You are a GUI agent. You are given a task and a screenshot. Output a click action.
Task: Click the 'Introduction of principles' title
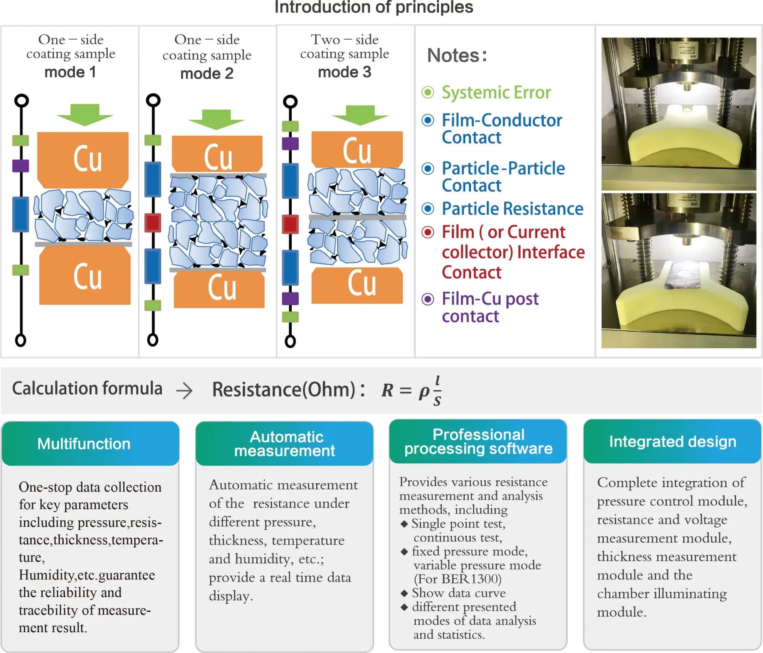pos(374,7)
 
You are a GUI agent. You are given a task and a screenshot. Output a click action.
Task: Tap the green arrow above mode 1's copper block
pos(85,114)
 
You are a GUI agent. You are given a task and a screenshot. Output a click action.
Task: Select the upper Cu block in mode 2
pos(217,154)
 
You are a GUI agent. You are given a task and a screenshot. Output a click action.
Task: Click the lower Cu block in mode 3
pos(357,285)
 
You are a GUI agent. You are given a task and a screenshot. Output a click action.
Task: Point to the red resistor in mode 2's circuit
pos(153,223)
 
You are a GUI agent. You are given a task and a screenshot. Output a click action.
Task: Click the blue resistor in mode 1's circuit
pos(21,214)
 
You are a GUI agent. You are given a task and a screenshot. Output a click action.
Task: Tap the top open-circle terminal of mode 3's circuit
pos(290,101)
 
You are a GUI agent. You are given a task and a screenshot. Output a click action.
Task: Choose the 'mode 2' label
pos(207,74)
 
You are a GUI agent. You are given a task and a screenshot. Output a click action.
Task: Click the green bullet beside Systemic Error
pos(428,92)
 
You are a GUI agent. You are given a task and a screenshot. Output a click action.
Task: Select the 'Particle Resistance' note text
pos(512,209)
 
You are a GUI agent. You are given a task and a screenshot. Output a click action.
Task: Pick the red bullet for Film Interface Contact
pos(428,232)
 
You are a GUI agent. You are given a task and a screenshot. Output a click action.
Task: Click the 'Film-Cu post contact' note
pos(490,307)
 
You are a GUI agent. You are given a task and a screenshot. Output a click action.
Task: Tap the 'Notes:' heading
pos(457,55)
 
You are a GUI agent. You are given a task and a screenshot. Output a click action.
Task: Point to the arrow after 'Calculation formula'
pos(184,391)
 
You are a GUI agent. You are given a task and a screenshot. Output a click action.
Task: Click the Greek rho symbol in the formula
pos(424,392)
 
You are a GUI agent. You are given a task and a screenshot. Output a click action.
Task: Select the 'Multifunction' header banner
pos(91,444)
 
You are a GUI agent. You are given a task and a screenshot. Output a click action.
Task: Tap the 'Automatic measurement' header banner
pos(285,444)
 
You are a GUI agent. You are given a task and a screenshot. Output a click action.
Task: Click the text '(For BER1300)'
pos(457,579)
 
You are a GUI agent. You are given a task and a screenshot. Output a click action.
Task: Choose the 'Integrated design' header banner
pos(672,442)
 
